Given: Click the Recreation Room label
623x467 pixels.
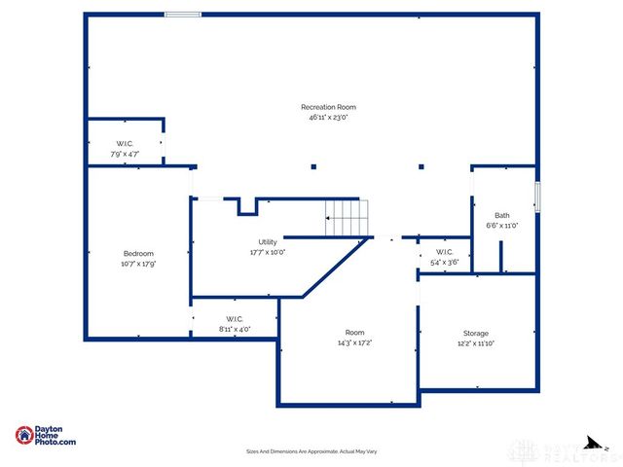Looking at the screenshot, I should click(x=328, y=107).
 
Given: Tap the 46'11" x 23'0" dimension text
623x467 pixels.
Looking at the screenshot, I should click(x=328, y=117).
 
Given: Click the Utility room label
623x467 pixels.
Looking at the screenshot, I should click(x=268, y=241).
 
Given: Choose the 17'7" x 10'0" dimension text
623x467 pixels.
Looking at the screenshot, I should click(x=268, y=251).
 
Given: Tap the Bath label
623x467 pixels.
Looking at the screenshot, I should click(x=501, y=216).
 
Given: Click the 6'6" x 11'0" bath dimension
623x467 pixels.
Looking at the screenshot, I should click(x=501, y=226).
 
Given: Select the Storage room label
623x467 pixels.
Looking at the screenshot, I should click(x=475, y=334).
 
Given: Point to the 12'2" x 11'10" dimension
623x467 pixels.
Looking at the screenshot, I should click(x=475, y=343).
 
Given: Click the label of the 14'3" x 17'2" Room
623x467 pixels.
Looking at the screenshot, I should click(x=354, y=333).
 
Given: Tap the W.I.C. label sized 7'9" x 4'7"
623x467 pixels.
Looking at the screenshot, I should click(x=125, y=144).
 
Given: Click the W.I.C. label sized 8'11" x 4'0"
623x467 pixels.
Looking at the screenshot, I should click(x=234, y=319).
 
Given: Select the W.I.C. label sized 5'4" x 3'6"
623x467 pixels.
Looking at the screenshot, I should click(x=444, y=252).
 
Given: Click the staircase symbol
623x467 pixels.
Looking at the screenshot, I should click(x=348, y=217).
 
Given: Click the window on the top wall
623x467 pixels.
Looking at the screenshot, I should click(x=182, y=14).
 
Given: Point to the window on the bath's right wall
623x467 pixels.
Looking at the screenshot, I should click(x=536, y=196).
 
